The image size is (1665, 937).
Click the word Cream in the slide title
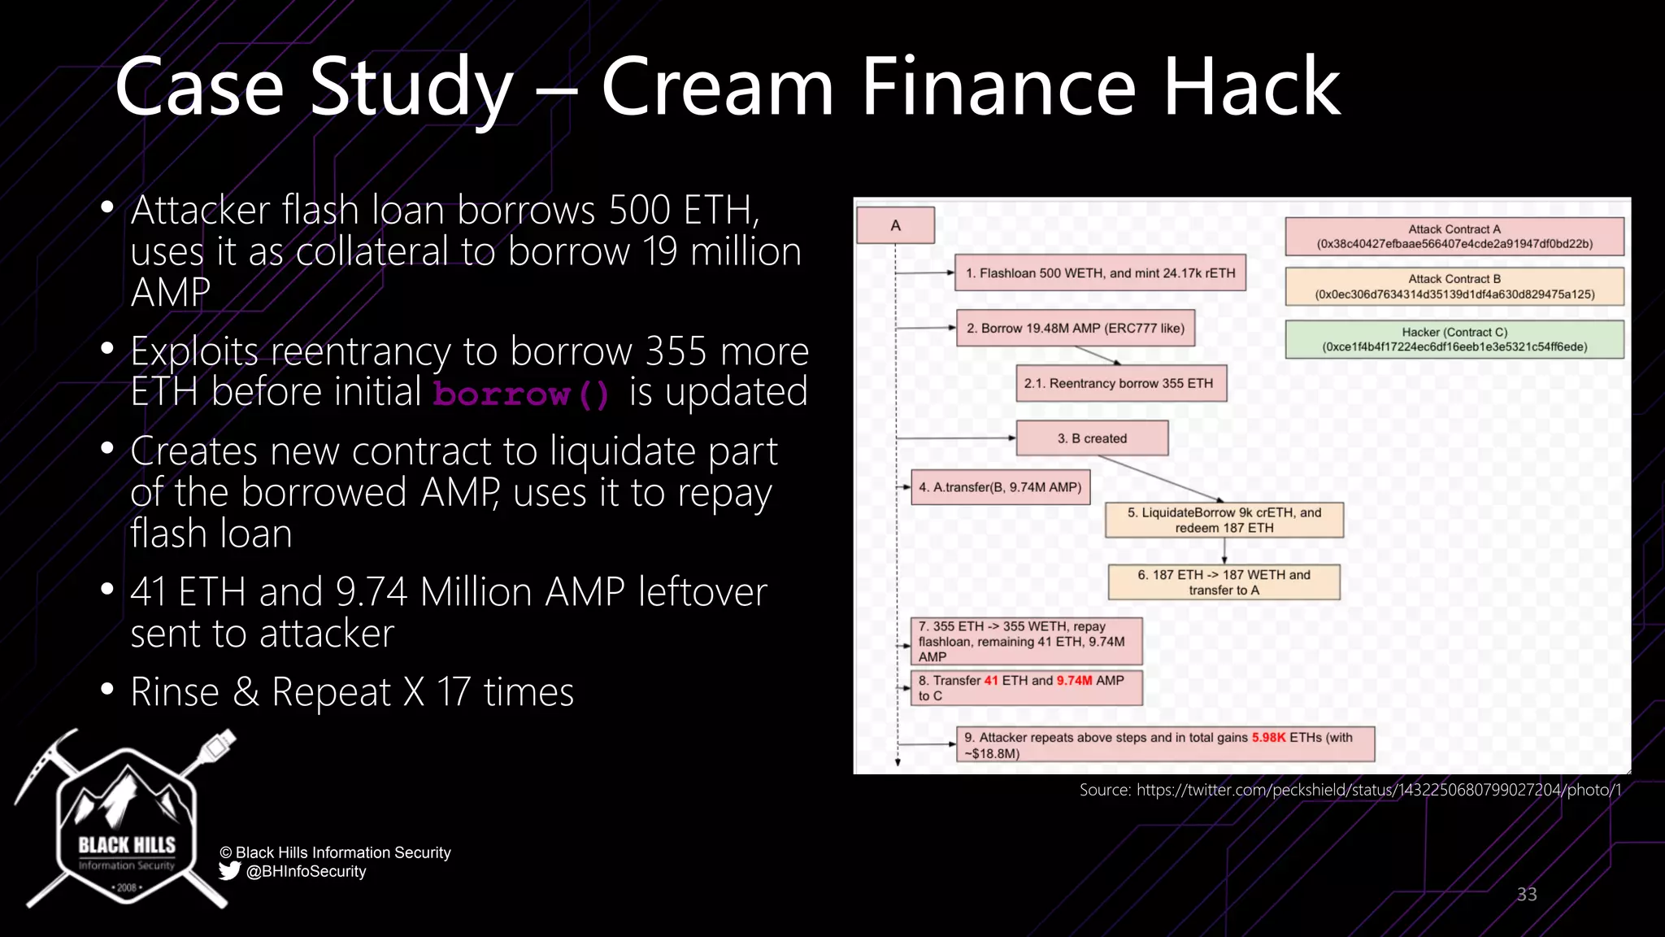pos(717,88)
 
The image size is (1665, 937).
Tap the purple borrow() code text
pos(521,394)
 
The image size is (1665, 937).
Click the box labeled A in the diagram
pos(895,225)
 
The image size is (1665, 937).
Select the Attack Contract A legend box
pos(1454,236)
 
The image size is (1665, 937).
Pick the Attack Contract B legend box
pos(1454,286)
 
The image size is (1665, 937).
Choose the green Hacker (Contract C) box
pos(1454,339)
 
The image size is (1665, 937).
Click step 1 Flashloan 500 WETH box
pos(1100,273)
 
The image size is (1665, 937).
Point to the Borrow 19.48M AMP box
pos(1075,329)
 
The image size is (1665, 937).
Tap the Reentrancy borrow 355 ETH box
pos(1120,383)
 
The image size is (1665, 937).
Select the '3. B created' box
pos(1092,438)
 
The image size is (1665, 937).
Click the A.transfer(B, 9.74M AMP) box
pos(1000,487)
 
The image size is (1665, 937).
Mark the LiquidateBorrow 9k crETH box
pos(1224,520)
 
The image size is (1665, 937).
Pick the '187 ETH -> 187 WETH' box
pos(1224,582)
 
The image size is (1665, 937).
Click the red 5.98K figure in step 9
pos(1268,738)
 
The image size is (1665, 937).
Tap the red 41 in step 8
pos(990,681)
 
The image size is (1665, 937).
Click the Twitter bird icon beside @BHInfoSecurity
pos(229,871)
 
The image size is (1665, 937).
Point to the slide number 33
pos(1527,895)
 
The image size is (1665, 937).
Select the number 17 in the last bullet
pos(454,693)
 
